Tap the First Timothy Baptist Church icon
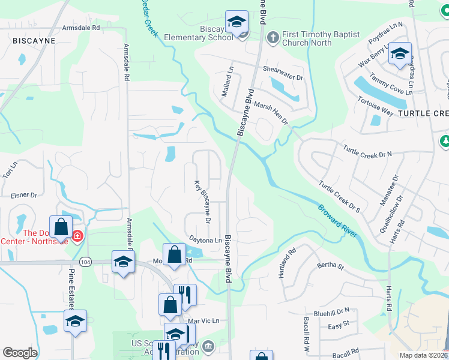coord(273,38)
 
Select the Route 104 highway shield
coord(86,262)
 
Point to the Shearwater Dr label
coord(283,69)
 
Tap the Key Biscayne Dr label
coord(203,201)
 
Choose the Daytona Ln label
coord(205,240)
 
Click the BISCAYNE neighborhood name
coord(34,41)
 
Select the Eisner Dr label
coord(24,196)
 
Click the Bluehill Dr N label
coord(331,311)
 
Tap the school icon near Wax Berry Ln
coord(400,54)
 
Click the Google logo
coord(20,353)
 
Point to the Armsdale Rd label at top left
coord(81,28)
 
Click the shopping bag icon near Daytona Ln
coord(174,254)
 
